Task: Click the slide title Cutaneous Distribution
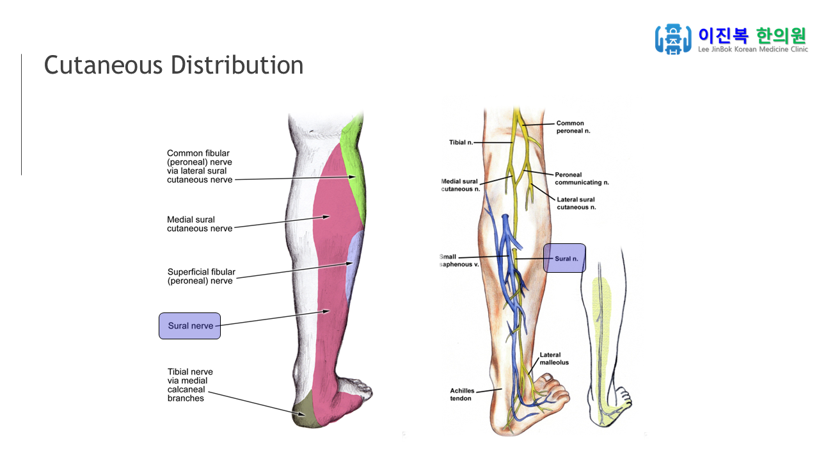[173, 65]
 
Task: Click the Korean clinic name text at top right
[752, 35]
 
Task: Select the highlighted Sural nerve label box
[189, 326]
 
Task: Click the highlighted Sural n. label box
[564, 258]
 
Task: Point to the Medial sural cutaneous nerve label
[200, 224]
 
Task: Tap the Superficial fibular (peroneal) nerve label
[201, 276]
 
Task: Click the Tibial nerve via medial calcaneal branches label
[190, 385]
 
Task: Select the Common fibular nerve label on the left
[199, 166]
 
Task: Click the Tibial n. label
[461, 142]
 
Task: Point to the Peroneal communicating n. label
[581, 178]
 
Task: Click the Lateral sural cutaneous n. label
[576, 204]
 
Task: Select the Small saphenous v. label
[457, 261]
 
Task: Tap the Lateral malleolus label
[553, 359]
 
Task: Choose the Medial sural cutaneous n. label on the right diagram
[460, 185]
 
